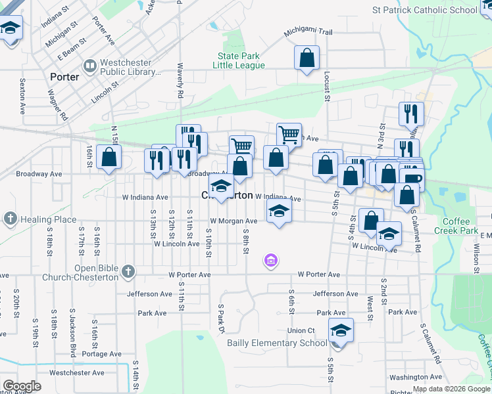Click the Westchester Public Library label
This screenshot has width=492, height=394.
pyautogui.click(x=122, y=65)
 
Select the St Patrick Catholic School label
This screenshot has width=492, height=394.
pyautogui.click(x=424, y=10)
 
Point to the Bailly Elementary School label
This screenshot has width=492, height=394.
pyautogui.click(x=276, y=343)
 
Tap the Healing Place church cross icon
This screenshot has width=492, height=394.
pyautogui.click(x=10, y=219)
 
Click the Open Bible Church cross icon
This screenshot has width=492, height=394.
pyautogui.click(x=128, y=271)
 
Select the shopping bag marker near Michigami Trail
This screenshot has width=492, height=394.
pyautogui.click(x=307, y=58)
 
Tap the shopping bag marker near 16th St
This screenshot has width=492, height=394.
pyautogui.click(x=109, y=158)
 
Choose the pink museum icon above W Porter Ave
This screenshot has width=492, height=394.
pyautogui.click(x=270, y=261)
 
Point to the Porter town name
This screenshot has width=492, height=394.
pyautogui.click(x=64, y=77)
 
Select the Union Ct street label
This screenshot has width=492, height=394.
pyautogui.click(x=301, y=330)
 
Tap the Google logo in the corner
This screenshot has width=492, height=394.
pyautogui.click(x=21, y=385)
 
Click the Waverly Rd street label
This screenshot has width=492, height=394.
pyautogui.click(x=180, y=81)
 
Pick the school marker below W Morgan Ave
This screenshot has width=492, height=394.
pyautogui.click(x=279, y=213)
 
